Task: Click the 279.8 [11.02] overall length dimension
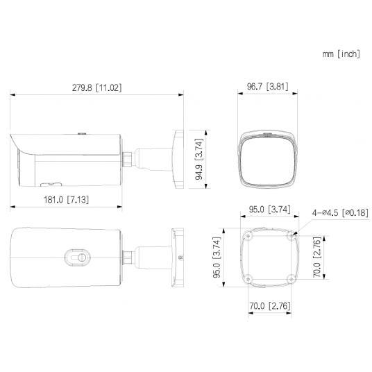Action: tap(96, 87)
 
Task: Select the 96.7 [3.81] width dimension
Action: tap(267, 87)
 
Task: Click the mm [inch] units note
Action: tap(340, 53)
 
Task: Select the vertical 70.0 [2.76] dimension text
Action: tap(316, 257)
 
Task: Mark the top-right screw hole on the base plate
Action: tap(290, 236)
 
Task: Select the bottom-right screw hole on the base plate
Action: tap(290, 279)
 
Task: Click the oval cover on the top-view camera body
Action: tap(76, 257)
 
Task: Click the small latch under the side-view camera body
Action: tap(50, 185)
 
